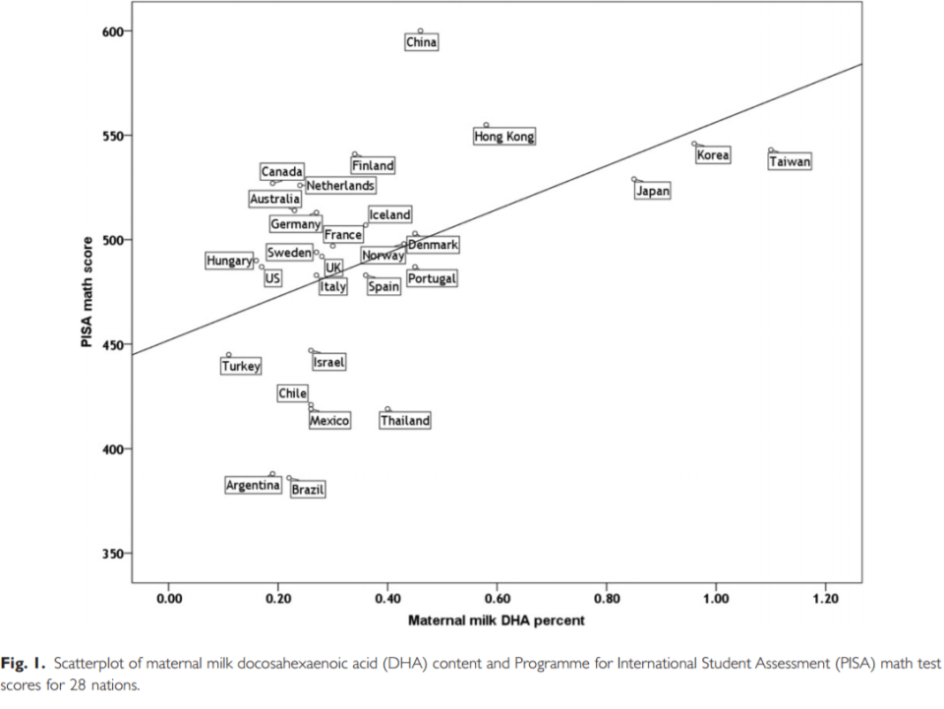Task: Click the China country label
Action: pos(421,42)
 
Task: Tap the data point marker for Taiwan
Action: pos(771,150)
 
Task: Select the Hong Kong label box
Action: pos(504,137)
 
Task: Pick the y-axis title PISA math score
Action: pos(88,291)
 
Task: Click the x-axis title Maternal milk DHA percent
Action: pos(496,620)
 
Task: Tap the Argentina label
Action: pos(254,485)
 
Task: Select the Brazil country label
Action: pos(308,489)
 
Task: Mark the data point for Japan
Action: pos(634,180)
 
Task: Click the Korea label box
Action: pos(713,155)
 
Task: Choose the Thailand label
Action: pos(405,421)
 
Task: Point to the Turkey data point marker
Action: pos(229,355)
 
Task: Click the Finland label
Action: pos(373,166)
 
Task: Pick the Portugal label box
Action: pos(432,279)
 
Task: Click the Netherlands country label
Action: pos(339,185)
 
